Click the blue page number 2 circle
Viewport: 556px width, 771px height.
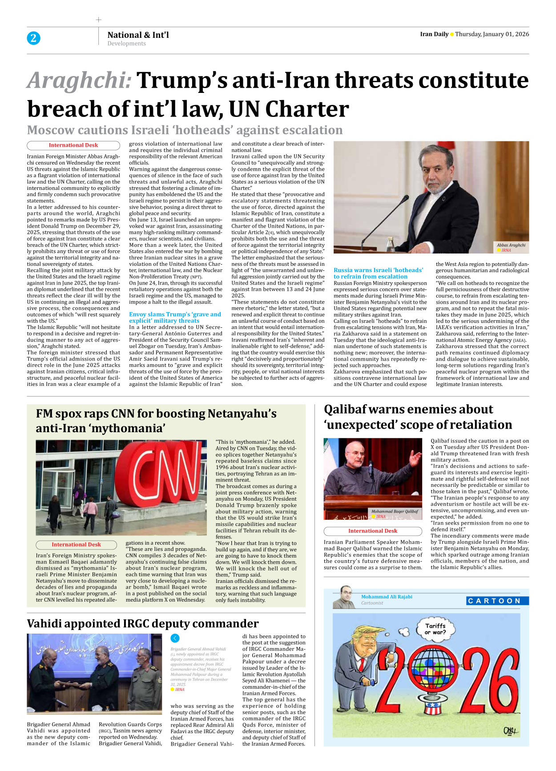(x=33, y=38)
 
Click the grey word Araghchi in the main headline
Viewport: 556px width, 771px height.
(x=79, y=80)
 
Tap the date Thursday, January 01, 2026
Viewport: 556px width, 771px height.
(x=492, y=34)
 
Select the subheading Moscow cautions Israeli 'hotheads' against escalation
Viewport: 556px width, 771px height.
(x=185, y=130)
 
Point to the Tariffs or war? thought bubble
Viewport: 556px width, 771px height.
(x=435, y=629)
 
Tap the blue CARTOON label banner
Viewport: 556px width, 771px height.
(x=497, y=601)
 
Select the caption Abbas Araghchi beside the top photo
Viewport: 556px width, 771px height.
(x=511, y=245)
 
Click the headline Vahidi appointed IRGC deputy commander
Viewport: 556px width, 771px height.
(x=142, y=623)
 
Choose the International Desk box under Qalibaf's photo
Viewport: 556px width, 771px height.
(x=372, y=531)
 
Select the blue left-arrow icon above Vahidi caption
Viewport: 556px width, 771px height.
(x=175, y=638)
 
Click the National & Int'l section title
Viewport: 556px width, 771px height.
(x=138, y=35)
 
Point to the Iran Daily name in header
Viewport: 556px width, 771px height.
(x=434, y=34)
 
